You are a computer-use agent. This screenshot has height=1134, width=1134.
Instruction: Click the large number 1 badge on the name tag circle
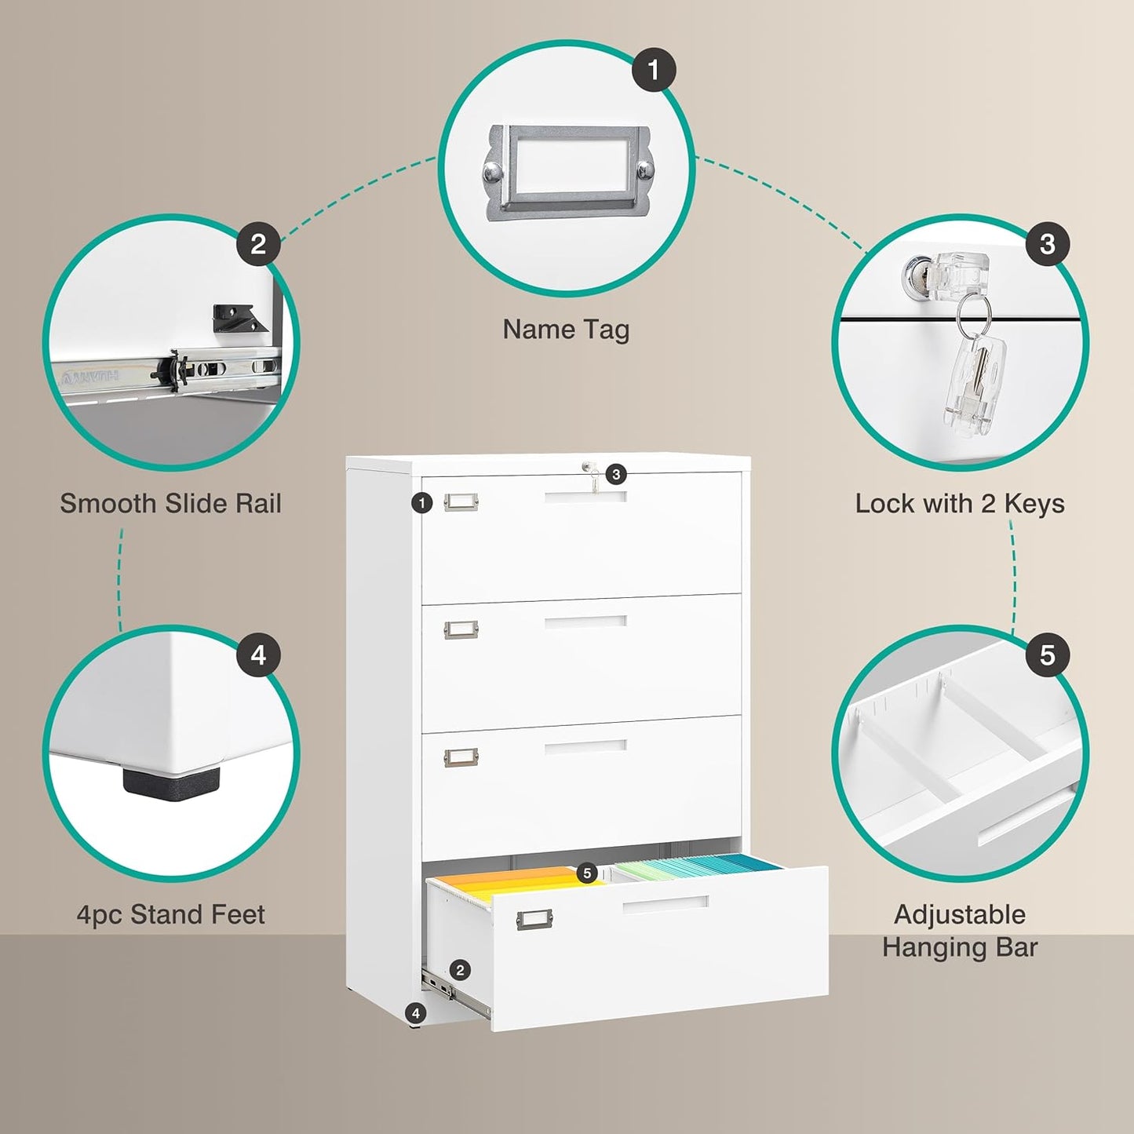click(x=654, y=70)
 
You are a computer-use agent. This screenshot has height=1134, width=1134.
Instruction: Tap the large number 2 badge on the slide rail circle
click(x=258, y=244)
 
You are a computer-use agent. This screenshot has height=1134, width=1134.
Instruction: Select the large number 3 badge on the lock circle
click(x=1047, y=244)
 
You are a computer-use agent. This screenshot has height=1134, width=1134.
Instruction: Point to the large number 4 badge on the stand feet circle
click(x=258, y=655)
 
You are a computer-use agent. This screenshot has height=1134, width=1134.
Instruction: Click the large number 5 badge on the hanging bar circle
click(x=1047, y=655)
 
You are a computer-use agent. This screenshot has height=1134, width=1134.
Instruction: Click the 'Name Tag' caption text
click(x=566, y=330)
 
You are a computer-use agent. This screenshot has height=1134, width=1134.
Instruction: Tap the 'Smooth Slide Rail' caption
click(x=170, y=504)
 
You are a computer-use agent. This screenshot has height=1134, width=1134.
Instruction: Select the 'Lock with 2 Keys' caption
click(x=959, y=504)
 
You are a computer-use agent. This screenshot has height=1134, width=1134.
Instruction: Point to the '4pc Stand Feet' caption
click(x=170, y=914)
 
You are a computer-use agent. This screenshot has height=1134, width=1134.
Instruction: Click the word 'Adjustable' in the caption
click(x=959, y=914)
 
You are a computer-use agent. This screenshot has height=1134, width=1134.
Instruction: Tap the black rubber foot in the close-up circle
click(x=171, y=782)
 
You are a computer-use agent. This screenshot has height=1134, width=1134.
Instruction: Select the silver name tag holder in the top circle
click(x=567, y=173)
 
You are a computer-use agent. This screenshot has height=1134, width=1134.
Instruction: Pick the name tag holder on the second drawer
click(x=461, y=629)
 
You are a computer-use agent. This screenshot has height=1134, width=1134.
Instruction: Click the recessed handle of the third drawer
click(x=585, y=746)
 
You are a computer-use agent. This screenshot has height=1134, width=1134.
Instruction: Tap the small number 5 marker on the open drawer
click(x=587, y=873)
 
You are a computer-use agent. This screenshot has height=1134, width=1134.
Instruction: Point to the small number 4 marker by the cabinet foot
click(x=416, y=1013)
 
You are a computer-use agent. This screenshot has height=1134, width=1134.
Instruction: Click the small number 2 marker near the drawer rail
click(x=461, y=970)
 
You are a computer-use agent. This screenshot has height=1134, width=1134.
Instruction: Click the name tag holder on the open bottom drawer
click(x=534, y=919)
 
